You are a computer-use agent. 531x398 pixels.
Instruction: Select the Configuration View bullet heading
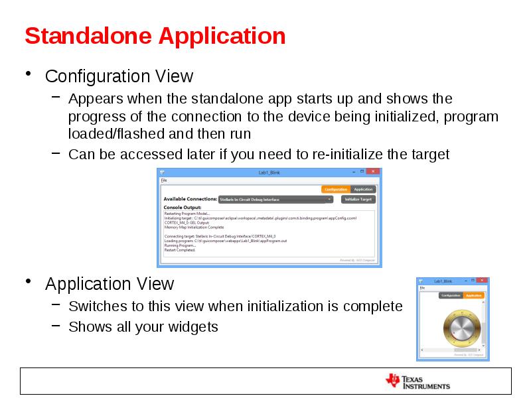click(119, 76)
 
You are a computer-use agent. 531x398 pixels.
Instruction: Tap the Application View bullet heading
click(110, 284)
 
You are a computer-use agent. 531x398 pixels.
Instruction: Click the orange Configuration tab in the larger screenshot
click(336, 189)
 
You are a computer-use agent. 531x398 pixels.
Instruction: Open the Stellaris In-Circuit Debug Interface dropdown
click(275, 199)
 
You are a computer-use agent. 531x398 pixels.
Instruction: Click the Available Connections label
click(190, 199)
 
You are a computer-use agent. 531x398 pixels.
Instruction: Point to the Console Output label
click(182, 207)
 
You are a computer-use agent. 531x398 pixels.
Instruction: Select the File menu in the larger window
click(164, 180)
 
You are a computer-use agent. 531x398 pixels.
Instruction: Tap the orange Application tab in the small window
click(473, 295)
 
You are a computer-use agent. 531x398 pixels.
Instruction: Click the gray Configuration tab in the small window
click(451, 295)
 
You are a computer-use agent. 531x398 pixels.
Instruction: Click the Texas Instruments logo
click(417, 381)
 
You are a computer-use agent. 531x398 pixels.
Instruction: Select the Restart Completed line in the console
click(180, 250)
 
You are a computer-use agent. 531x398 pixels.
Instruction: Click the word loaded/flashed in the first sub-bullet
click(117, 134)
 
